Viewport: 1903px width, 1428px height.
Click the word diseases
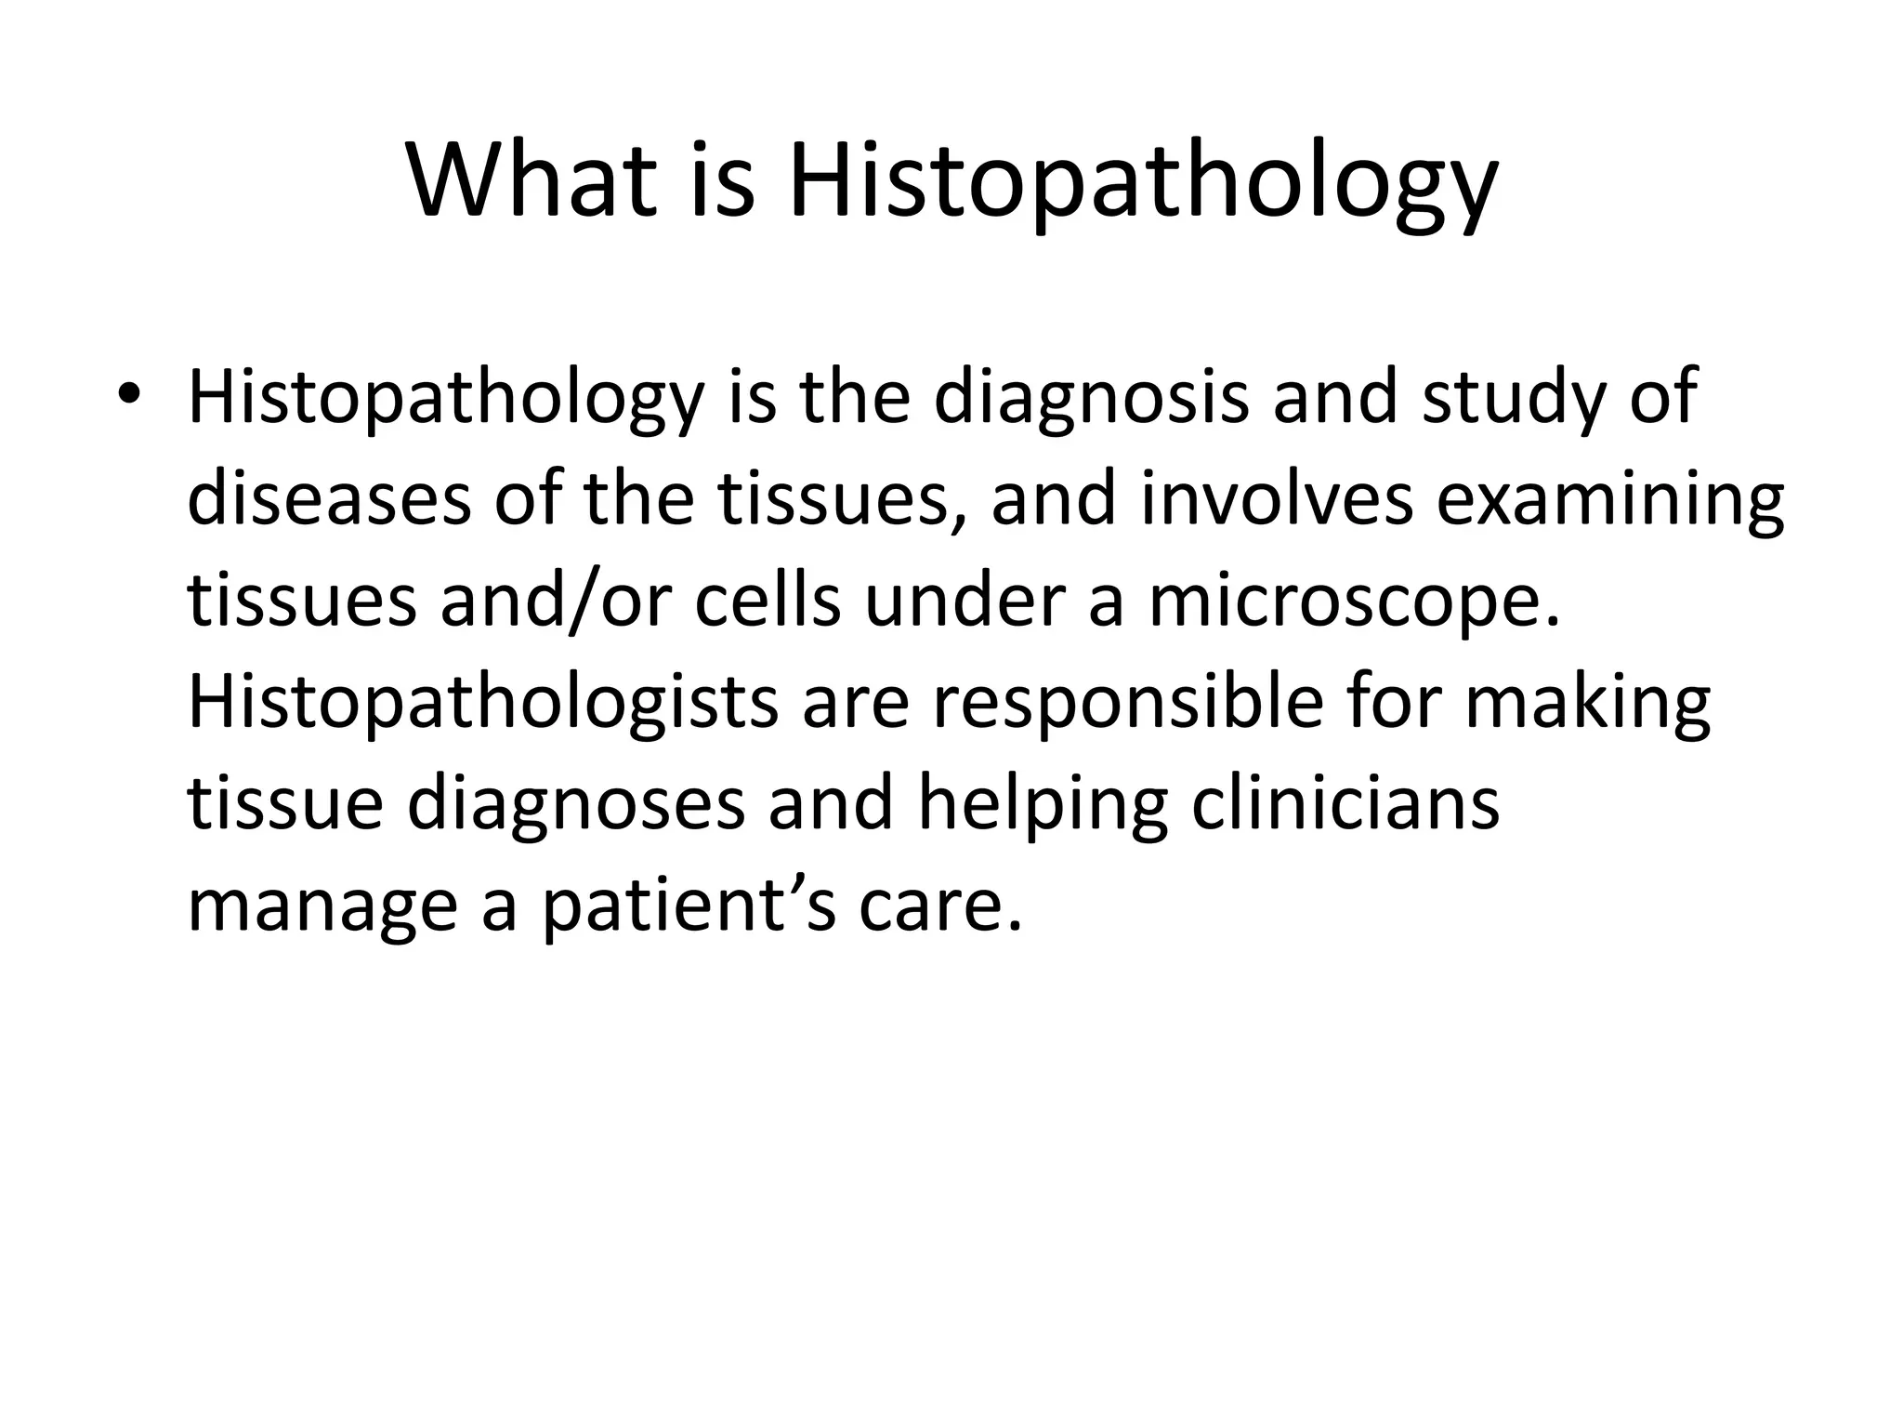tap(329, 498)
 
